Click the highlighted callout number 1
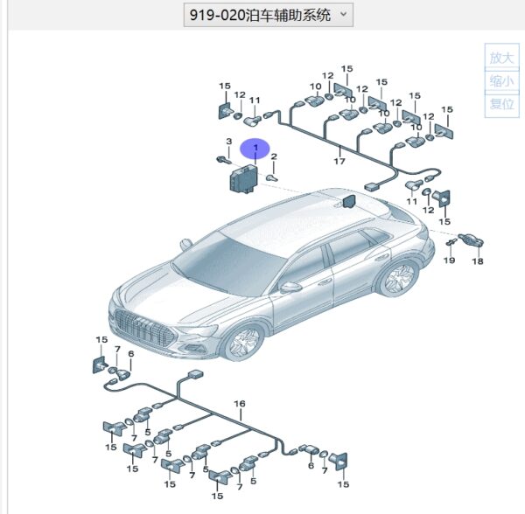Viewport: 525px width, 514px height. pyautogui.click(x=255, y=148)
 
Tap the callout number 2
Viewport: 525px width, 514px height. pyautogui.click(x=274, y=156)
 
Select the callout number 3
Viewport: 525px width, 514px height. pyautogui.click(x=229, y=142)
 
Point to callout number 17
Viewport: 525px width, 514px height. pyautogui.click(x=339, y=161)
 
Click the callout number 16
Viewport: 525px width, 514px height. pyautogui.click(x=240, y=404)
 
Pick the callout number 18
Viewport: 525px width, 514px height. pyautogui.click(x=478, y=261)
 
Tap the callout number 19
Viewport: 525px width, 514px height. pyautogui.click(x=450, y=260)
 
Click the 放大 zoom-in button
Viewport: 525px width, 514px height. pyautogui.click(x=501, y=58)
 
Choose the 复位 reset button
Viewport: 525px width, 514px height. pyautogui.click(x=501, y=104)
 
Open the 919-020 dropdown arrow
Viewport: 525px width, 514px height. pyautogui.click(x=343, y=14)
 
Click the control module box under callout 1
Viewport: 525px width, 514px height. pyautogui.click(x=243, y=180)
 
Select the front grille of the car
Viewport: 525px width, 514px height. pyautogui.click(x=144, y=329)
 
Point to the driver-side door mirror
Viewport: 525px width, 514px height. pyautogui.click(x=290, y=288)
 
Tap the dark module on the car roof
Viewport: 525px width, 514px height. pyautogui.click(x=348, y=201)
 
